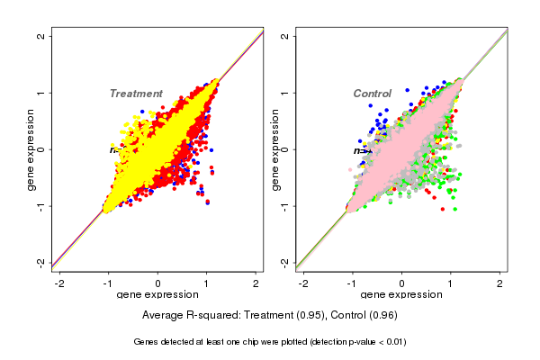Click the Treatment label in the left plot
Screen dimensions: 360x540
[136, 94]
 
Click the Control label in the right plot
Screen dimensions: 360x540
[372, 94]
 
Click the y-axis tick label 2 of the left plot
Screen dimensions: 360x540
[41, 36]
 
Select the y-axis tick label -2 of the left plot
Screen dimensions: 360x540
[41, 262]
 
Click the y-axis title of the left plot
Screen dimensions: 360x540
[31, 149]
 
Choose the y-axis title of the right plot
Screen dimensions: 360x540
[275, 149]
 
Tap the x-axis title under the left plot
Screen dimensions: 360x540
[157, 295]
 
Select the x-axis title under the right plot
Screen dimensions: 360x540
[401, 295]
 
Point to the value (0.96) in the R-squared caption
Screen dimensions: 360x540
[378, 315]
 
